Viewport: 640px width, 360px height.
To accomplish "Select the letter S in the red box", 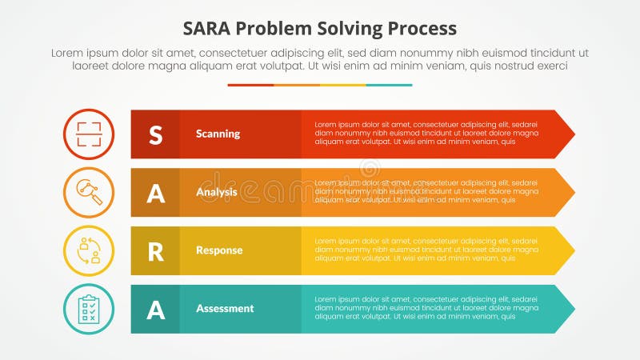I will [155, 134].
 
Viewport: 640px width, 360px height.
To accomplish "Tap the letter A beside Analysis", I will [155, 193].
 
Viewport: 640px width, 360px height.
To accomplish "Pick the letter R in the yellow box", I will [155, 251].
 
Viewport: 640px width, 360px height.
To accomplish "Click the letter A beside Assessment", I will [155, 310].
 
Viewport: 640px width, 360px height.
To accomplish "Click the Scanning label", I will [218, 134].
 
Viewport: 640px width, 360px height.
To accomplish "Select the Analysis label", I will [216, 192].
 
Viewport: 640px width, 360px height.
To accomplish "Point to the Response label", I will [218, 250].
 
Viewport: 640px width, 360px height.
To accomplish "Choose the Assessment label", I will [224, 309].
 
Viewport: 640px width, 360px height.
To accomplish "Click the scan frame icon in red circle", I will [89, 134].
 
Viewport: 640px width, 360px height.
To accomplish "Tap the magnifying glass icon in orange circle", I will [89, 193].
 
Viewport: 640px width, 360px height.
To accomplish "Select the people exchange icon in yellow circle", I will [89, 251].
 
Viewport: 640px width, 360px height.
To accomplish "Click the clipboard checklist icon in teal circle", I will [89, 310].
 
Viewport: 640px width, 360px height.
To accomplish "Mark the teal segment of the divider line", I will [389, 85].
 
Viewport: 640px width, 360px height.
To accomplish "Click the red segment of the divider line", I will [250, 85].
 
